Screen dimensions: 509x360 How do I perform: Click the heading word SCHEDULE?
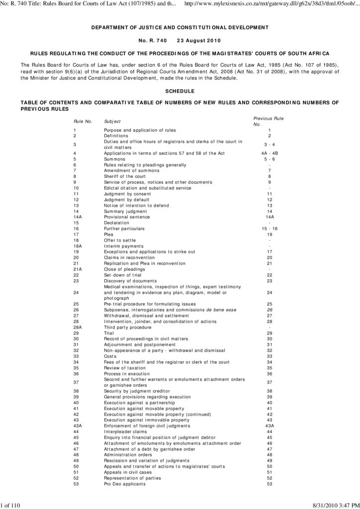pos(180,91)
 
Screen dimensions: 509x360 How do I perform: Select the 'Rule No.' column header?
pos(83,121)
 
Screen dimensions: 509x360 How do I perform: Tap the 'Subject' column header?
pos(112,121)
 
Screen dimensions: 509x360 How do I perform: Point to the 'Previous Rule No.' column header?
pos(269,121)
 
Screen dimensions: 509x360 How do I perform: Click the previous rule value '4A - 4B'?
pos(270,153)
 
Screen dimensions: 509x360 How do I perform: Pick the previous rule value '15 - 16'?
pos(270,229)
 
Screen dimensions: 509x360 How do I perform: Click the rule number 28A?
pos(78,328)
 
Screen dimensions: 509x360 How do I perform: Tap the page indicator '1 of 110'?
pos(10,506)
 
